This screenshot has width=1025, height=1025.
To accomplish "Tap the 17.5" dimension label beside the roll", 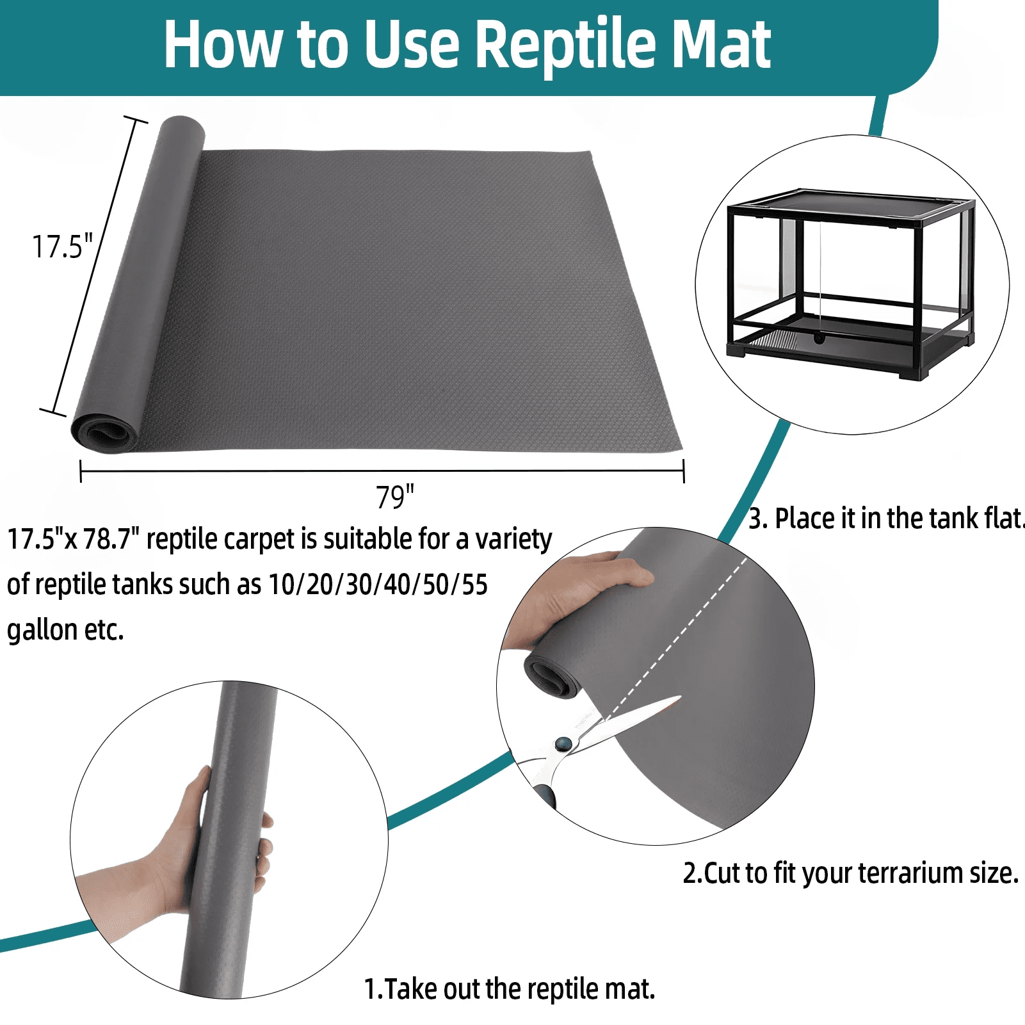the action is point(63,246).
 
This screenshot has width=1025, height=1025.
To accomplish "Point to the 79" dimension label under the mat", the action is point(395,497).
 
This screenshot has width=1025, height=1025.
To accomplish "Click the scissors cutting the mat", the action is point(589,743).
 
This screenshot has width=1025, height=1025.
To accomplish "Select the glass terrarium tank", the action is point(851,284).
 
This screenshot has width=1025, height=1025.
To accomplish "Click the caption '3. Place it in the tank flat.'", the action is point(887,519).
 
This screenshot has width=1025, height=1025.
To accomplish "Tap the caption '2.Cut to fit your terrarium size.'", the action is point(850,873).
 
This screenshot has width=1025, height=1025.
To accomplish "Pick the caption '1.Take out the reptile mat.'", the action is point(510,989).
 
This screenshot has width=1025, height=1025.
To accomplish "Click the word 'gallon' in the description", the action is point(42,631).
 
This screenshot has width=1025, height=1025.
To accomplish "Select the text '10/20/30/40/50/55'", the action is point(378,585).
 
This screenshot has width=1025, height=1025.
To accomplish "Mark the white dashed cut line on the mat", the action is point(676,637).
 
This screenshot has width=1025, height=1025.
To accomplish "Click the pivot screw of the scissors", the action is point(563,743).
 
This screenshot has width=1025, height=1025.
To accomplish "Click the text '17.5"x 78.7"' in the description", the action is point(73,539).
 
